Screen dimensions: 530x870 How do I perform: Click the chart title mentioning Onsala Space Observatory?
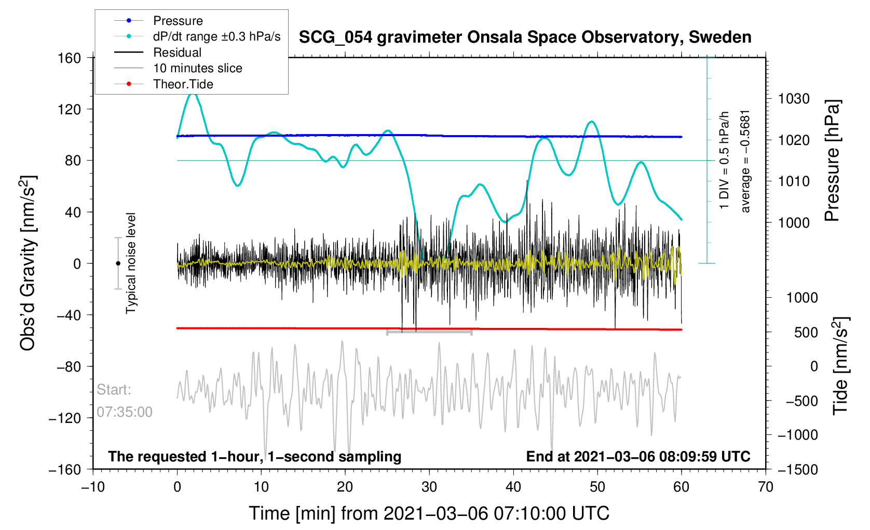click(525, 37)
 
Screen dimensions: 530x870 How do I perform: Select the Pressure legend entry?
click(178, 21)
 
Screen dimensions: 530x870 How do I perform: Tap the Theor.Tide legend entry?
click(183, 84)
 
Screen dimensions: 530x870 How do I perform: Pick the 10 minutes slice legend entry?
click(197, 68)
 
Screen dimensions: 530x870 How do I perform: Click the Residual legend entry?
click(177, 52)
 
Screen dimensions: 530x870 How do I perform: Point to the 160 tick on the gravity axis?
click(69, 58)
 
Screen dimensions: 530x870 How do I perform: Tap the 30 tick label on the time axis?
click(429, 487)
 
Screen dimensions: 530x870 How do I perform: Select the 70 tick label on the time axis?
click(765, 487)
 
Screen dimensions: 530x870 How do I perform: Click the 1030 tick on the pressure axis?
click(794, 99)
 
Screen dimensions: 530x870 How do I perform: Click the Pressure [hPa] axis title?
click(832, 161)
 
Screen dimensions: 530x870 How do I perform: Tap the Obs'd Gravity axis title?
click(28, 263)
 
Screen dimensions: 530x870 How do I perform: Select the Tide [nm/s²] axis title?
click(840, 366)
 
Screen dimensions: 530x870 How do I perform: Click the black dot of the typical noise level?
click(118, 263)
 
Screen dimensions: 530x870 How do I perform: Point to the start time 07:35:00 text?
click(125, 412)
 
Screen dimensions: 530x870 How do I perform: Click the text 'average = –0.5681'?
click(745, 161)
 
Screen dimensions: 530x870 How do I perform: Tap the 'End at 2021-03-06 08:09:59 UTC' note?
click(638, 457)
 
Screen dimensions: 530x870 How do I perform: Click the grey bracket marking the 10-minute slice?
click(429, 332)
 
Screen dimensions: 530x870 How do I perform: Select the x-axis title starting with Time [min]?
click(429, 513)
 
